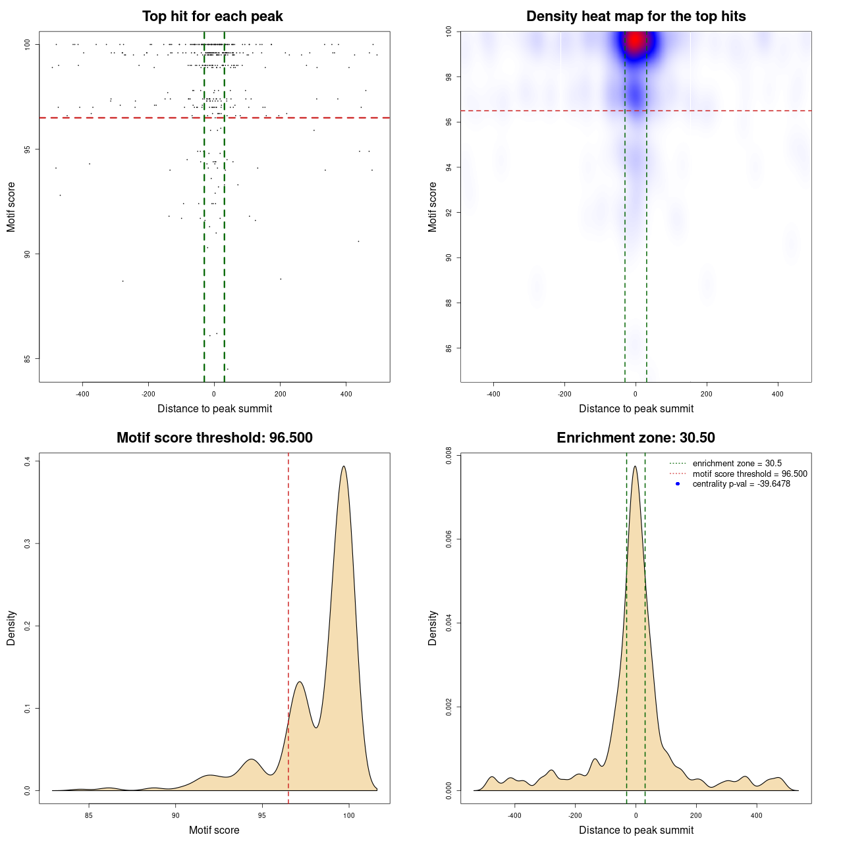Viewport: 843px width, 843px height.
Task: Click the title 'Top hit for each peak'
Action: (213, 16)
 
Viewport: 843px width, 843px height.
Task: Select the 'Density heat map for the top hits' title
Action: (636, 16)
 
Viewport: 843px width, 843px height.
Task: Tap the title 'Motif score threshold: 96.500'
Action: (214, 438)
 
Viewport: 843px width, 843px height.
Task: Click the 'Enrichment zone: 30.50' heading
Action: (636, 438)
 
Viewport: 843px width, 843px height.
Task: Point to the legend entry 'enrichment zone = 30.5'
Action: (737, 464)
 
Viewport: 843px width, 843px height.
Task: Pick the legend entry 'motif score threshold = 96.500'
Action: (749, 474)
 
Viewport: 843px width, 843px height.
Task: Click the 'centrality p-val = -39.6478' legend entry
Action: (741, 484)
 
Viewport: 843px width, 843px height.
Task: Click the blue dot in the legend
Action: (678, 484)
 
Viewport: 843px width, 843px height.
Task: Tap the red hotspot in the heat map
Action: (635, 41)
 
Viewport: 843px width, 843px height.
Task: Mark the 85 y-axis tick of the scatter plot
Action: (28, 359)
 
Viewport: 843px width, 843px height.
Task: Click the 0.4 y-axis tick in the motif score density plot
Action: (28, 462)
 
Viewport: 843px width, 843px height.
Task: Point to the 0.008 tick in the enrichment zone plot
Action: (449, 455)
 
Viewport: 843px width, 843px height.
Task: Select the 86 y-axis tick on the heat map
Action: (449, 348)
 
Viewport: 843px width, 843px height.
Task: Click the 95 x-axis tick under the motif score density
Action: (262, 815)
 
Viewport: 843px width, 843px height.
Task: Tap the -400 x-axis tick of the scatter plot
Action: (82, 394)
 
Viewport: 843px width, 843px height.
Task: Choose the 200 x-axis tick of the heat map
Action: (707, 394)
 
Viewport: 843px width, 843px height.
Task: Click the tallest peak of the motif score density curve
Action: (344, 467)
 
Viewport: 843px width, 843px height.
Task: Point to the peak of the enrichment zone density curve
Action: (635, 467)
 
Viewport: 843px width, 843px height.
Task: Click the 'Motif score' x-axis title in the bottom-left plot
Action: (214, 830)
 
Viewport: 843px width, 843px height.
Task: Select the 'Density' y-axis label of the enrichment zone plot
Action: (433, 628)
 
